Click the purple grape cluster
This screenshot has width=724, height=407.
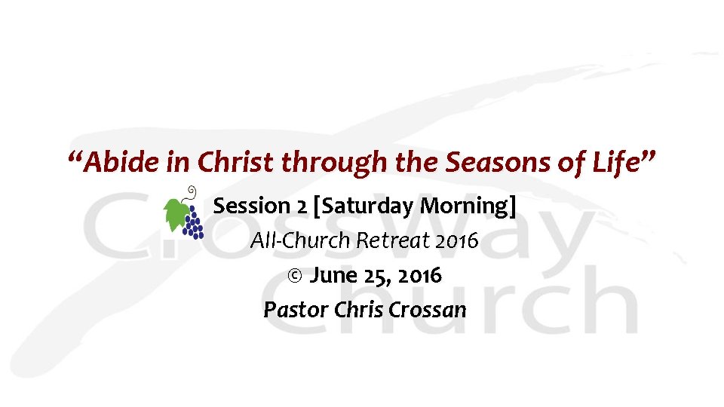coord(194,223)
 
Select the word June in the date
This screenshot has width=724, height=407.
coord(332,276)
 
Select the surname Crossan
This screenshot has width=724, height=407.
coord(428,310)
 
